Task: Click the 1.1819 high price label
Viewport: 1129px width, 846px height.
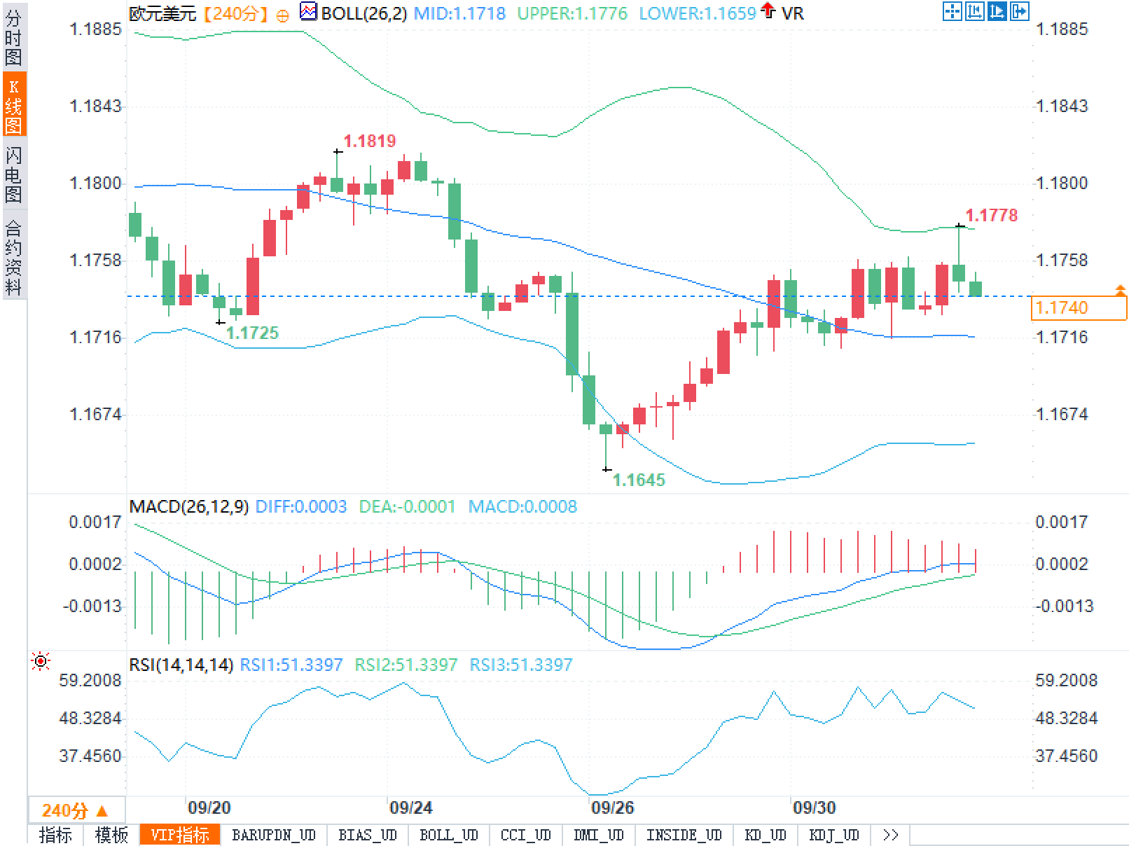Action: click(370, 141)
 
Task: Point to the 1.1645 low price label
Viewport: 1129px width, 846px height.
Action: click(639, 480)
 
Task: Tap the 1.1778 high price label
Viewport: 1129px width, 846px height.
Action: click(991, 215)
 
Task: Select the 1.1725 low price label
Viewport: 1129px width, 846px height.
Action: click(252, 333)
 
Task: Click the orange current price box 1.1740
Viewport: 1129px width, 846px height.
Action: click(1079, 307)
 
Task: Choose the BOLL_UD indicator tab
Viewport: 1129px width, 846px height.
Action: click(448, 835)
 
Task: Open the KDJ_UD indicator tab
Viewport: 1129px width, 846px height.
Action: click(833, 835)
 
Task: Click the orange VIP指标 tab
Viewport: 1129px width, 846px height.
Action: click(180, 835)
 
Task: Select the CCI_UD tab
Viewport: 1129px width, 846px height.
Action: click(525, 835)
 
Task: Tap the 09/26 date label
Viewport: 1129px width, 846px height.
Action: click(612, 807)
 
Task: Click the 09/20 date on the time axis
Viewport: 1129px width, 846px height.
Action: click(209, 807)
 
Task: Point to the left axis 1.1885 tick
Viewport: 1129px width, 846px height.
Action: click(95, 29)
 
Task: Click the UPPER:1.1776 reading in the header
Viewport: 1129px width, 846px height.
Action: click(572, 13)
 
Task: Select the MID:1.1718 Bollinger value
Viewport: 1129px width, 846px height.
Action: click(459, 13)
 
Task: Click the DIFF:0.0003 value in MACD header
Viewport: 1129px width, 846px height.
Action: click(301, 506)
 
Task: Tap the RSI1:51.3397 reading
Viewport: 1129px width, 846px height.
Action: click(291, 665)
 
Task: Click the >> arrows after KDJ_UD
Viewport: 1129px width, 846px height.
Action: click(890, 835)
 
